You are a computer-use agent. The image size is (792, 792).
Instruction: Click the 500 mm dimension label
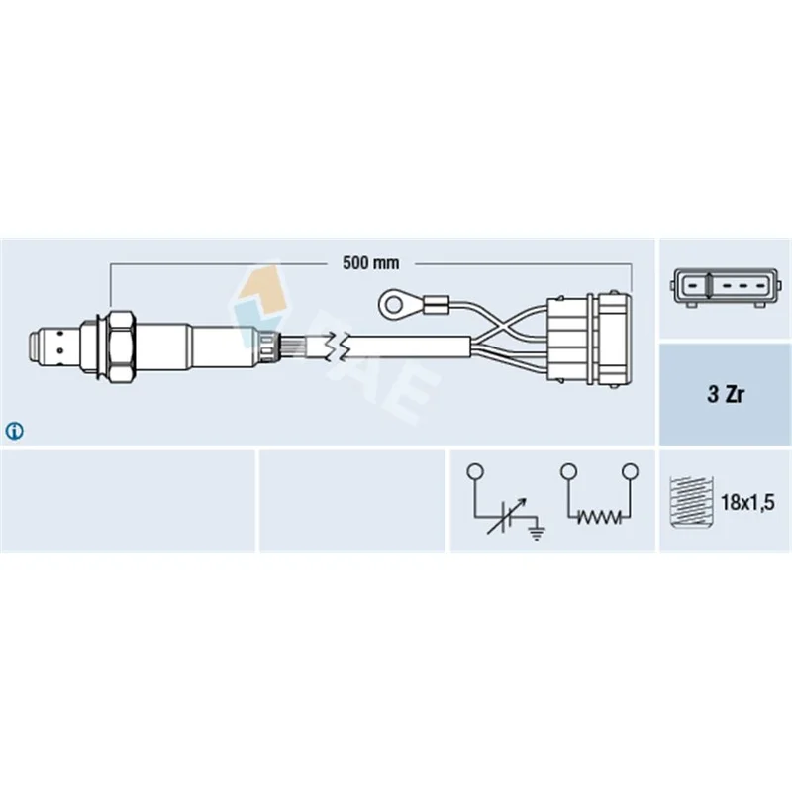[370, 262]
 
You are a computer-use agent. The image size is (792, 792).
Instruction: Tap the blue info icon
[14, 431]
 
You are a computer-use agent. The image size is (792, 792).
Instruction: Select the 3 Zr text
[726, 394]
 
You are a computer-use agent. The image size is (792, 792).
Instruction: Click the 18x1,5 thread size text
[747, 502]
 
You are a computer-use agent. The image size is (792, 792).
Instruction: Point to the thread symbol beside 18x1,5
[690, 502]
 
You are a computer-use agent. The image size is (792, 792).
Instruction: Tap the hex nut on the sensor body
[122, 348]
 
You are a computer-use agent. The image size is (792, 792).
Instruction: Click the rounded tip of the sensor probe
[32, 348]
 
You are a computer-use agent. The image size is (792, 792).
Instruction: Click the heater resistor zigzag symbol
[599, 517]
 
